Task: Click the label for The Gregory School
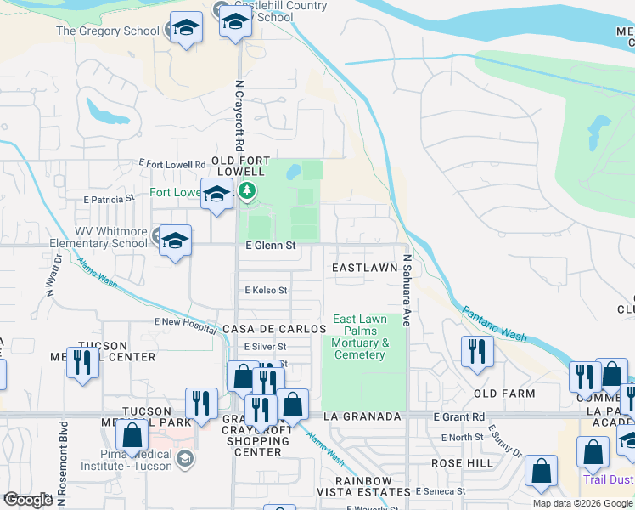(107, 31)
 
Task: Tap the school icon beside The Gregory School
(186, 28)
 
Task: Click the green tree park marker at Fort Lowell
(247, 191)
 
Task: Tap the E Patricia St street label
(109, 198)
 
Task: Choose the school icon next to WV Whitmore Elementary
(175, 241)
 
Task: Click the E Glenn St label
(270, 246)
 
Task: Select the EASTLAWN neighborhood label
(364, 268)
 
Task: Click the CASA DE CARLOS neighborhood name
(273, 329)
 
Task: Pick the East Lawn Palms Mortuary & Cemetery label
(360, 337)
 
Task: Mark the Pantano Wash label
(494, 324)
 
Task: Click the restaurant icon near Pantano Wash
(477, 350)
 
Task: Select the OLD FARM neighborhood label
(504, 394)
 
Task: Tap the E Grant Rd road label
(458, 417)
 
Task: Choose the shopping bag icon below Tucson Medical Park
(132, 435)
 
